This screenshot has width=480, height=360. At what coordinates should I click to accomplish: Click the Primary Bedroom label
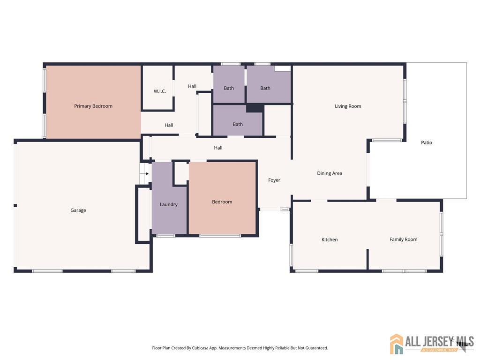tap(93, 106)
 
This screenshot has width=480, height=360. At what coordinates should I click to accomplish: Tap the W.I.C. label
tap(159, 91)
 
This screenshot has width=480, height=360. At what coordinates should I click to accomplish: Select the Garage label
tap(78, 210)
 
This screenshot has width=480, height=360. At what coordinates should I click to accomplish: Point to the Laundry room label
tap(168, 204)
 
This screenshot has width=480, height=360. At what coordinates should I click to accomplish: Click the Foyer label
tap(274, 180)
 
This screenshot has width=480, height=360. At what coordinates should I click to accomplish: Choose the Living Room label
tap(348, 106)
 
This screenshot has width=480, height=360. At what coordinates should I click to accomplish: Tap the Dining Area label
tap(330, 173)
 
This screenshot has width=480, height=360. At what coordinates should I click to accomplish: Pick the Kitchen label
tap(330, 240)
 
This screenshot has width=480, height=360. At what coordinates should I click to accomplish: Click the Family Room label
tap(403, 240)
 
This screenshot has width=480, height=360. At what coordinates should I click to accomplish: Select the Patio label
tap(427, 142)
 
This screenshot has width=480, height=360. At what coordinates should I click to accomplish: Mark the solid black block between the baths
tap(255, 108)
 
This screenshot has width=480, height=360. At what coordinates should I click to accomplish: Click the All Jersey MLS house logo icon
tap(397, 344)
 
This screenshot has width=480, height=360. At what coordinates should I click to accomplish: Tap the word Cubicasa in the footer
tap(200, 348)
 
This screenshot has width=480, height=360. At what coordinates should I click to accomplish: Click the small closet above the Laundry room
tap(181, 173)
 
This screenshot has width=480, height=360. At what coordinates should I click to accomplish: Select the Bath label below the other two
tap(238, 124)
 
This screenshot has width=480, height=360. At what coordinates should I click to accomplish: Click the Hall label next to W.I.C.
tap(192, 86)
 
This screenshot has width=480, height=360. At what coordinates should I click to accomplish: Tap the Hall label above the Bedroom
tap(218, 148)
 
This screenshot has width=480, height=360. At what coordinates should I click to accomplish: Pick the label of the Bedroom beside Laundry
tap(222, 202)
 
